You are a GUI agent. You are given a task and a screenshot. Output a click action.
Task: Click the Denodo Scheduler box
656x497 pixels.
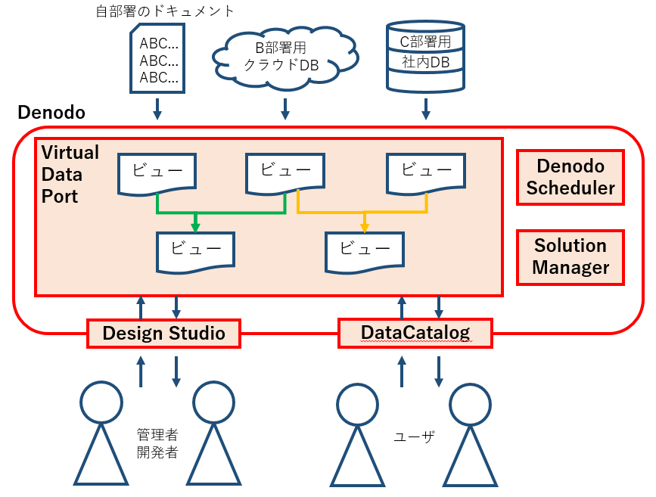[571, 177]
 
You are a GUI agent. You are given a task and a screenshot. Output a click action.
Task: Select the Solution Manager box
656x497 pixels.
[571, 256]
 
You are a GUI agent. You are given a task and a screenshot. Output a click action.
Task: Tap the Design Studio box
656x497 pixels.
[163, 333]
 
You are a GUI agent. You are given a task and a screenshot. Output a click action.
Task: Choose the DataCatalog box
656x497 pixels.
[415, 333]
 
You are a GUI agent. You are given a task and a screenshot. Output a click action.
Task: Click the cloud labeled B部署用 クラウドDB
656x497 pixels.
[285, 57]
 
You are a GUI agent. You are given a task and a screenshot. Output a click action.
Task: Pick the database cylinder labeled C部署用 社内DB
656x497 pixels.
[424, 52]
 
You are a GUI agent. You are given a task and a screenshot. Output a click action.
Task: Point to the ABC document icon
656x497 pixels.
[158, 59]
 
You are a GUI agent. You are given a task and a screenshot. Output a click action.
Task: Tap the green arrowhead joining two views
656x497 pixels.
[195, 226]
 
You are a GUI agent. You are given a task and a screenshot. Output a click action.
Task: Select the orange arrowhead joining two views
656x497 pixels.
[365, 226]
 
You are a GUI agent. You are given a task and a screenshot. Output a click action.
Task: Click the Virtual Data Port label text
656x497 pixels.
[70, 174]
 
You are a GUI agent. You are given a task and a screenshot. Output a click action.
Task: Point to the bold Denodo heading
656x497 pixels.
[51, 113]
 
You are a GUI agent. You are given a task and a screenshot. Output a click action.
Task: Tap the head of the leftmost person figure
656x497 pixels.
[101, 402]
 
